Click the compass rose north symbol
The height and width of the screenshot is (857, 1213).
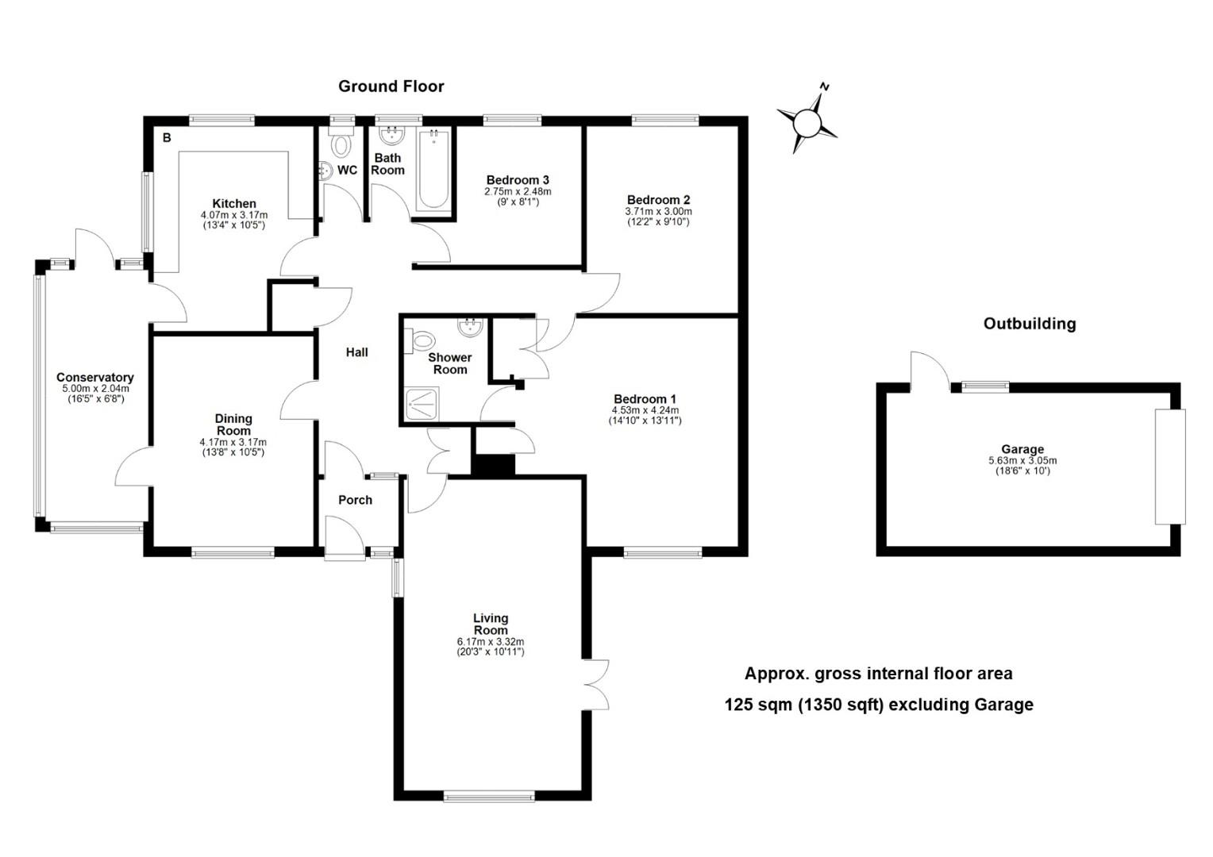coord(807,121)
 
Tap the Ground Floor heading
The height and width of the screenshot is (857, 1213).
coord(391,86)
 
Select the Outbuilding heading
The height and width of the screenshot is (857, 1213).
coord(1029,324)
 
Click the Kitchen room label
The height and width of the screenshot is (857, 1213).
coord(233,204)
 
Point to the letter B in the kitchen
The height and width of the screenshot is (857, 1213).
coord(167,138)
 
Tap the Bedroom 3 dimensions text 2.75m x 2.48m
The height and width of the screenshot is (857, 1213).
coord(518,191)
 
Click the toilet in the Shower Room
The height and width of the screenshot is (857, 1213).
coord(418,341)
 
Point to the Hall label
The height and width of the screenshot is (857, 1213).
coord(356,352)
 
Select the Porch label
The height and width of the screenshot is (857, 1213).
coord(355,500)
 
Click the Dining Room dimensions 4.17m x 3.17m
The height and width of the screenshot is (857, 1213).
coord(233,442)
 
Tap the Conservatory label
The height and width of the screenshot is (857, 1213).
coord(94,378)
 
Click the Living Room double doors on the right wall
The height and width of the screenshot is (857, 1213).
coord(597,684)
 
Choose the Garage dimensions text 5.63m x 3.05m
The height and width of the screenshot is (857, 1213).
coord(1022,460)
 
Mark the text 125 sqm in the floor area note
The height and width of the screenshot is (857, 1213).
coord(758,705)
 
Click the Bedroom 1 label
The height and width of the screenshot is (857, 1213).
coord(645,399)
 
